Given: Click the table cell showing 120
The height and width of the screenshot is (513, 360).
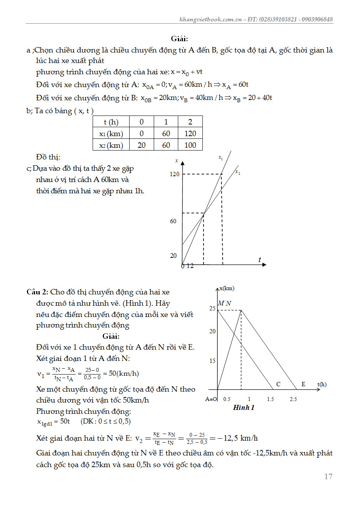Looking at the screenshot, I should [x=190, y=133].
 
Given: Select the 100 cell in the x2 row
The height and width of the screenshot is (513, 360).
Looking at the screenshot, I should [x=190, y=145].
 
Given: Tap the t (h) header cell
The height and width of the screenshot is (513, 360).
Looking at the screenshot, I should [x=111, y=122].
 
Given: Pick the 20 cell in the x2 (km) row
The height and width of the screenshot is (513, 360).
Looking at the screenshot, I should [x=142, y=145].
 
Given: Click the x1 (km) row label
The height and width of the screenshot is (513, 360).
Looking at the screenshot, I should [x=111, y=133].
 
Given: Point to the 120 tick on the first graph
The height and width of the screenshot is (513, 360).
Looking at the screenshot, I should [x=174, y=174].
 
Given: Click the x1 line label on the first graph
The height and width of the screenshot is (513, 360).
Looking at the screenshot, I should [x=221, y=158].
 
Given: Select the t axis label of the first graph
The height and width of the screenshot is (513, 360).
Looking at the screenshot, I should [x=260, y=260].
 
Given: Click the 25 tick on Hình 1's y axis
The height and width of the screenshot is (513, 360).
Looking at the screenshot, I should [x=212, y=308].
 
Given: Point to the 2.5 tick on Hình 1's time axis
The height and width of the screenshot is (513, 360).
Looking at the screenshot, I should [x=293, y=399].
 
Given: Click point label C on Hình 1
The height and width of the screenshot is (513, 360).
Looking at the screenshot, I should [x=278, y=384].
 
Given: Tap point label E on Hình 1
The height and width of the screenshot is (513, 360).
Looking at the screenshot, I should [x=304, y=384].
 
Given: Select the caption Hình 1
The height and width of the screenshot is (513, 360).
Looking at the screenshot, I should [x=244, y=408].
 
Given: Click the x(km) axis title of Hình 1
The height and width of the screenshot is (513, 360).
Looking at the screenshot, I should [x=227, y=288].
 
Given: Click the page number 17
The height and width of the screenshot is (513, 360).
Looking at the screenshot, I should [x=328, y=476].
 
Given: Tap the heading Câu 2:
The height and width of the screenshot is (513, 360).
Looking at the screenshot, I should [x=37, y=292].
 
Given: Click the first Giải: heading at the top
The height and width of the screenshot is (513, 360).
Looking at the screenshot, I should [x=179, y=39].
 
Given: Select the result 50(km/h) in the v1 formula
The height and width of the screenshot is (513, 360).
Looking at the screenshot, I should [x=124, y=373].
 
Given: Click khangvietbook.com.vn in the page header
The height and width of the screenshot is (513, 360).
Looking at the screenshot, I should [x=211, y=19].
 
